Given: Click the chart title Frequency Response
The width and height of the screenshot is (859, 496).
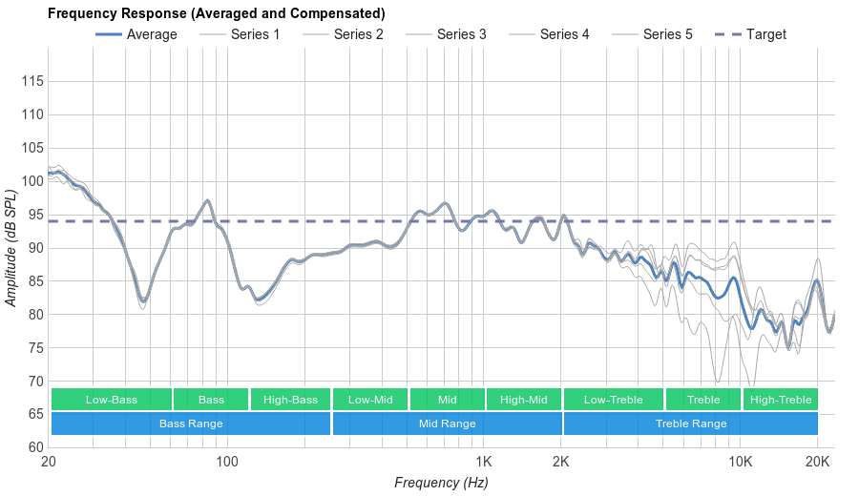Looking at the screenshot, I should click(x=216, y=13).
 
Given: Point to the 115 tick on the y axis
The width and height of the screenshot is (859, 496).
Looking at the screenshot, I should click(x=31, y=82).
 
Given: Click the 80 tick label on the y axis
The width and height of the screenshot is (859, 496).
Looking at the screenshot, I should click(x=31, y=315).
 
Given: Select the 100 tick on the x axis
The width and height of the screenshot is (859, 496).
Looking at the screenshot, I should click(x=227, y=462).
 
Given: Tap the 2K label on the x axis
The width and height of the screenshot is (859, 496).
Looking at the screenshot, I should click(x=561, y=462).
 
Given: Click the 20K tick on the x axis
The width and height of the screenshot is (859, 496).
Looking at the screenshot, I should click(x=817, y=462).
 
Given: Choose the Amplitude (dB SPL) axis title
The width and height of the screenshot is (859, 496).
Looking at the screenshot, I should click(x=11, y=248).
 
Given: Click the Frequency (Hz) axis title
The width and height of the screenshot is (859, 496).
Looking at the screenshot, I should click(x=441, y=483).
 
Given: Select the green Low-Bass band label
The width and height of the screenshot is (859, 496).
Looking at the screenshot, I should click(x=112, y=400).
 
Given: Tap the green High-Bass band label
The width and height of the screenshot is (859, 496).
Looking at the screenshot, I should click(x=290, y=400).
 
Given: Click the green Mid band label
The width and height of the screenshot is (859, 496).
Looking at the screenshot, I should click(x=447, y=400).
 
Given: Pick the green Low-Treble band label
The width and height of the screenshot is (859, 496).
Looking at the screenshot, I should click(x=614, y=400).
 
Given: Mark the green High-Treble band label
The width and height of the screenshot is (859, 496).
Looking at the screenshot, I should click(x=781, y=400).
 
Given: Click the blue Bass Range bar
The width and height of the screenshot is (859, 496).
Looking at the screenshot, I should click(x=191, y=424).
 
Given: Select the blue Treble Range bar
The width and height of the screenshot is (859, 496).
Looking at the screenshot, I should click(x=691, y=424).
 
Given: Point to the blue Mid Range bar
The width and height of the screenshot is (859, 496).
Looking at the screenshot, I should click(x=447, y=424).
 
